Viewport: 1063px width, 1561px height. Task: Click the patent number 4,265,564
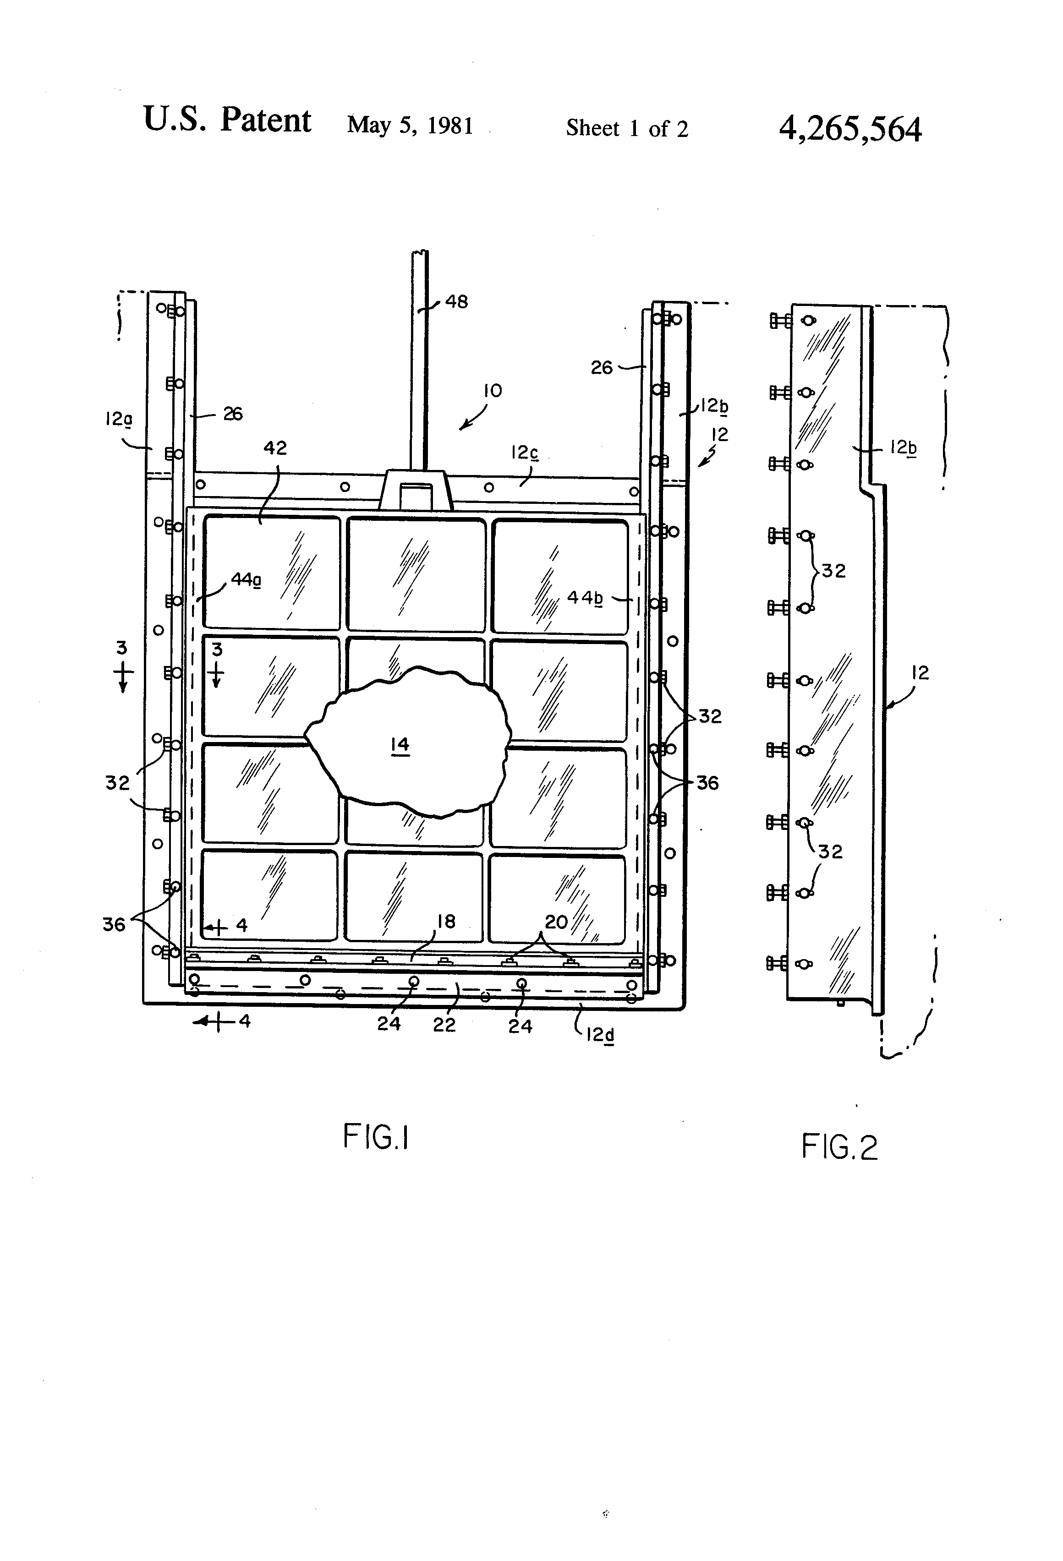pos(850,129)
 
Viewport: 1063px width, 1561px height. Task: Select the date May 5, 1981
pos(410,125)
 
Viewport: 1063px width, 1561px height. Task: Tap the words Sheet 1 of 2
pos(627,128)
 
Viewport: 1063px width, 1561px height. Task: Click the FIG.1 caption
pos(376,1137)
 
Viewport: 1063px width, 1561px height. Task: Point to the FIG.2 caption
pos(839,1146)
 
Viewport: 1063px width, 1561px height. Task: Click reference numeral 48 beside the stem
pos(456,301)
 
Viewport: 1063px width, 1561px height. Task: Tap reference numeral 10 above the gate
pos(493,391)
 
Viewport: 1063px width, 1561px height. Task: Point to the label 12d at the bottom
pos(600,1036)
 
